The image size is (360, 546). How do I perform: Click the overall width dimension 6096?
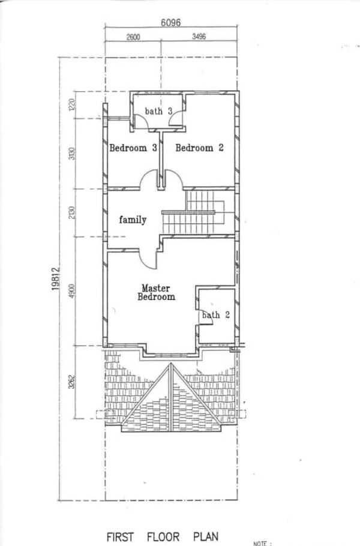pos(170,23)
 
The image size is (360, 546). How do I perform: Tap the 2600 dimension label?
pos(133,37)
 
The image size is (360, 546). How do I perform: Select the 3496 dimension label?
pos(199,37)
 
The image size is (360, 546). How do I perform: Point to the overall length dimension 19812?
pos(55,278)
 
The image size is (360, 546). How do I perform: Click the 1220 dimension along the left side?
pos(71,105)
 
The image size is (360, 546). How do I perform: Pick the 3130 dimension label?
pos(71,154)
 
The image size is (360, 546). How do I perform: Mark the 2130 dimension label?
pos(71,212)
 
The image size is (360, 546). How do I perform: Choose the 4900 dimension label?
pos(71,291)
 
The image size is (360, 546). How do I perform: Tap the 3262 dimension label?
pos(71,382)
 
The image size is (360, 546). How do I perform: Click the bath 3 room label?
pos(158,112)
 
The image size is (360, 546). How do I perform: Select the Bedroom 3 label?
pos(133,148)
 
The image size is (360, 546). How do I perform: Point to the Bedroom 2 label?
pos(199,148)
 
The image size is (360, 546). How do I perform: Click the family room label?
pos(133,220)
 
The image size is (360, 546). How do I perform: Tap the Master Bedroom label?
pos(157,293)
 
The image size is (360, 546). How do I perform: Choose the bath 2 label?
pos(216,315)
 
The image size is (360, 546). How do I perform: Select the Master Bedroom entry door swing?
pos(148,259)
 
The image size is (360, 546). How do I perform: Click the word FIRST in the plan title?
pos(120,536)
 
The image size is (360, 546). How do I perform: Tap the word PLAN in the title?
pos(206,536)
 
